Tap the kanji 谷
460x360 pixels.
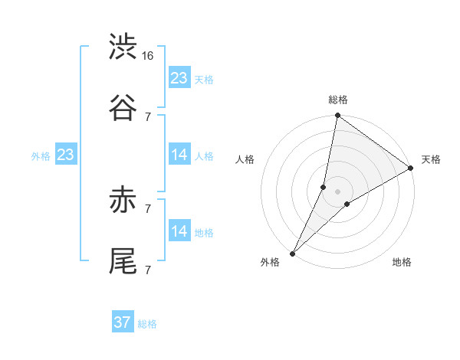point(123,107)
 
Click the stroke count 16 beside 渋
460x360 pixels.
point(149,56)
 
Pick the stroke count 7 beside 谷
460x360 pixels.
point(148,116)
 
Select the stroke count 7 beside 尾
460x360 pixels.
point(148,270)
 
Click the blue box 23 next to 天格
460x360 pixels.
point(179,78)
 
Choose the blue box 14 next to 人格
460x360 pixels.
point(179,155)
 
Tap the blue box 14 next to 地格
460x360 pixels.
point(179,231)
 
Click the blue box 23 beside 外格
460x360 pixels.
point(66,155)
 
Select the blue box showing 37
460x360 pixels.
point(123,322)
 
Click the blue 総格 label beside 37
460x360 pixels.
point(148,324)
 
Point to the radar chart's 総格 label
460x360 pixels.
point(338,100)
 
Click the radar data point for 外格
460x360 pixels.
point(293,253)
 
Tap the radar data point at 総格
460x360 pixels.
point(338,116)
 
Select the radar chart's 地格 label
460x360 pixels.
point(402,263)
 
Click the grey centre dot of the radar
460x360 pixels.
point(338,191)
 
